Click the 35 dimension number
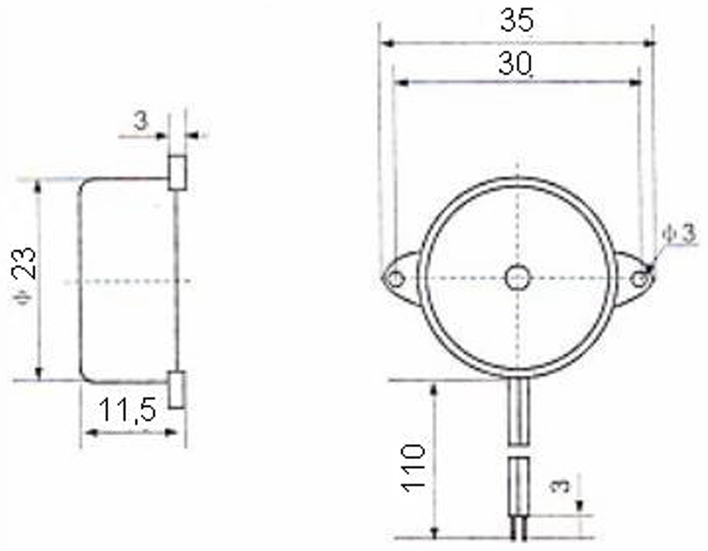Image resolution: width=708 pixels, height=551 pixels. (x=517, y=20)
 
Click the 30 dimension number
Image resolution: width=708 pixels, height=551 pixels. (x=515, y=64)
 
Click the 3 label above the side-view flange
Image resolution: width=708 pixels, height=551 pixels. (x=141, y=121)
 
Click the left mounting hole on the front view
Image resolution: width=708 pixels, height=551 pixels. (x=395, y=279)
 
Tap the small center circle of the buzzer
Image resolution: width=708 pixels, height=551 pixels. (x=518, y=278)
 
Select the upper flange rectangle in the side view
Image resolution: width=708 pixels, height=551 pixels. (x=177, y=173)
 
